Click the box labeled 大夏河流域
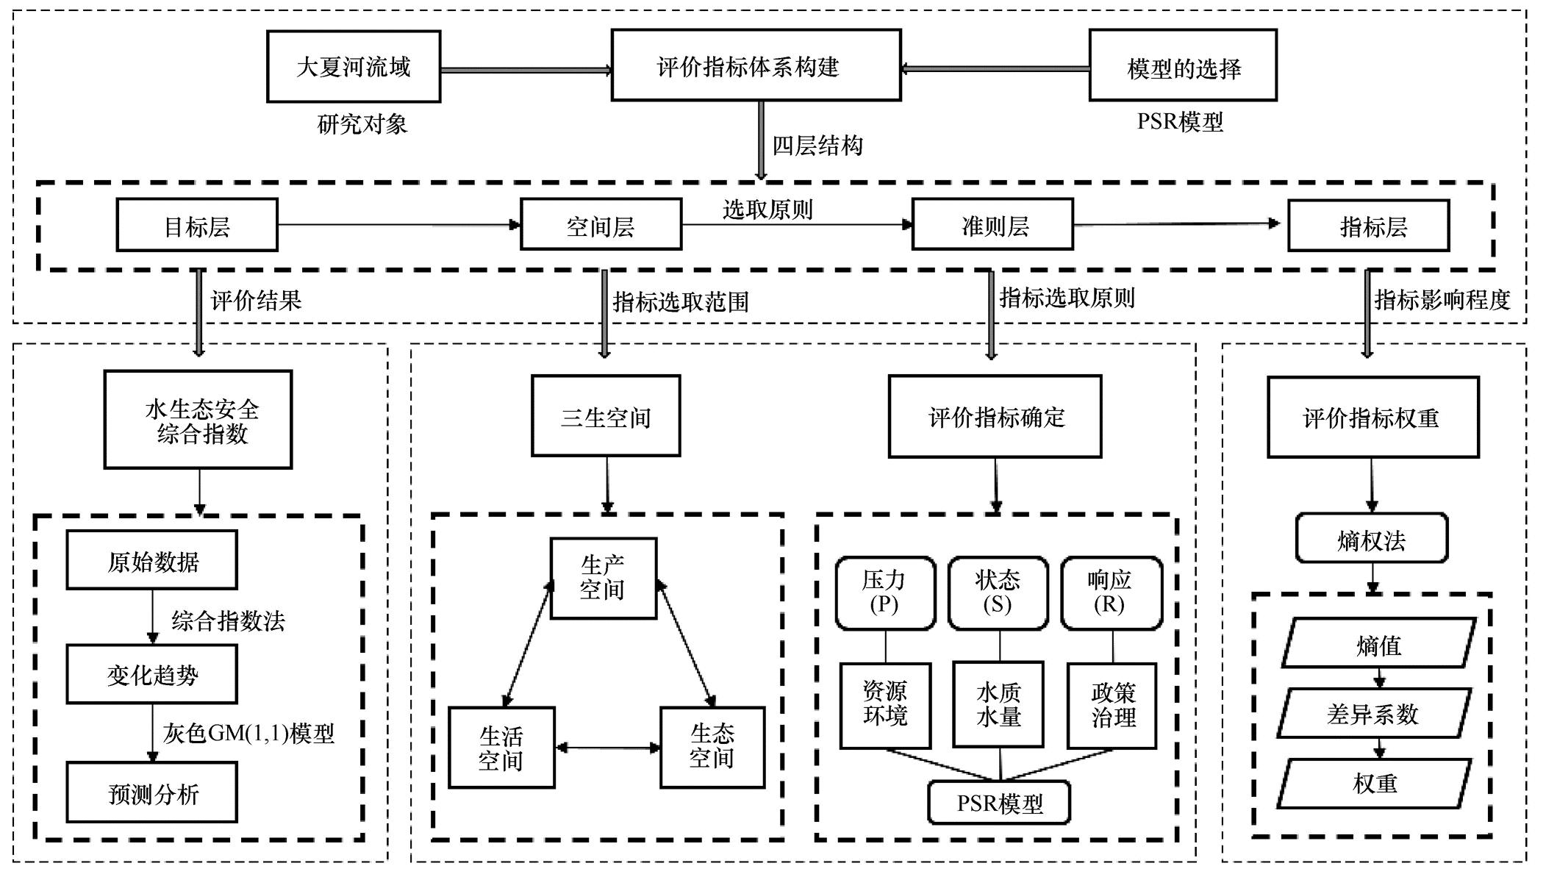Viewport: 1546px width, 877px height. pyautogui.click(x=353, y=66)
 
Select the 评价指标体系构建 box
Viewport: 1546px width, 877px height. pyautogui.click(x=755, y=65)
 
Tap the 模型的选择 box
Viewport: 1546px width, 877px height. pyautogui.click(x=1182, y=65)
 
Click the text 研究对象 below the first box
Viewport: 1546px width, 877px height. pyautogui.click(x=362, y=124)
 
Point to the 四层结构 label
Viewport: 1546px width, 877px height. pyautogui.click(x=817, y=146)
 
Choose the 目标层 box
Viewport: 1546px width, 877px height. pyautogui.click(x=197, y=225)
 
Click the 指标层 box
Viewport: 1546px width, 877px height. pyautogui.click(x=1368, y=226)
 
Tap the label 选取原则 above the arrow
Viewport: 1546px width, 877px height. pyautogui.click(x=767, y=210)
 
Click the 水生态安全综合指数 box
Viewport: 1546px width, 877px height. pyautogui.click(x=198, y=420)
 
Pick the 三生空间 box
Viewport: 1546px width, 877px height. pyautogui.click(x=605, y=416)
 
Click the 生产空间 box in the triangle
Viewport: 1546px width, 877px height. pyautogui.click(x=603, y=578)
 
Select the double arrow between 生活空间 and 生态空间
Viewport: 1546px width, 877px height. pyautogui.click(x=607, y=748)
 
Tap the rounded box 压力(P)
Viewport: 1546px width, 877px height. pyautogui.click(x=884, y=593)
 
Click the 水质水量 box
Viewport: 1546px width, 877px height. pyautogui.click(x=998, y=704)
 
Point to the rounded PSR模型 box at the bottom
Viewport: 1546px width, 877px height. pyautogui.click(x=998, y=803)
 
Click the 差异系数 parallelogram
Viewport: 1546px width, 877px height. pyautogui.click(x=1373, y=713)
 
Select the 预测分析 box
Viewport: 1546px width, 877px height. pyautogui.click(x=152, y=792)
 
